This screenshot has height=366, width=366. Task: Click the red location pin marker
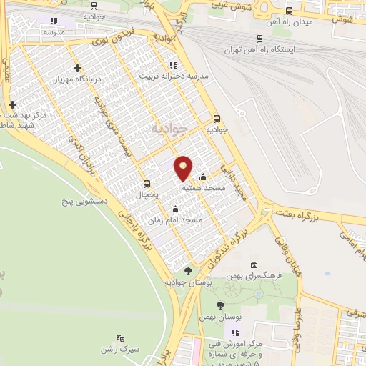coord(184,167)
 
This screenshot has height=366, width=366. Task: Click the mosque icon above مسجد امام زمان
coord(176,209)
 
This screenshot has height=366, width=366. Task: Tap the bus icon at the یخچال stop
coord(147,184)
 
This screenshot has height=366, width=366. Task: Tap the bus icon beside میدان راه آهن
coord(289,11)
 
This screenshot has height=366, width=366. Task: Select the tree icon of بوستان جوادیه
coord(188,271)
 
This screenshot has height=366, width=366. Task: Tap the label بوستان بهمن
coord(219,317)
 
